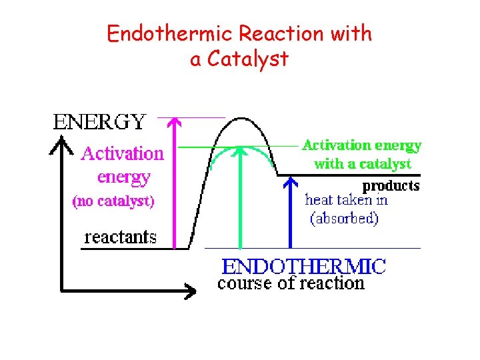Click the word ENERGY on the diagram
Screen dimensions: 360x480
[x=99, y=121]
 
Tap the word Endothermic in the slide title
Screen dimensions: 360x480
[x=155, y=34]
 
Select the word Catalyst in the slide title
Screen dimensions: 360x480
[x=247, y=59]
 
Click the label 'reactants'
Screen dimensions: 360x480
[x=120, y=237]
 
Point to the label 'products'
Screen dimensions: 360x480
[x=391, y=185]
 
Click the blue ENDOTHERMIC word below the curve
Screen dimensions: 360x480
[x=303, y=267]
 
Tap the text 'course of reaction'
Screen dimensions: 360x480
[x=291, y=284]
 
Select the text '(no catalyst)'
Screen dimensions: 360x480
[x=113, y=201]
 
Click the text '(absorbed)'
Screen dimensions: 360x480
[x=344, y=218]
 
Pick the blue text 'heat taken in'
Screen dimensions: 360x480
[x=346, y=199]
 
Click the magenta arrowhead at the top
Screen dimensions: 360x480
[x=173, y=122]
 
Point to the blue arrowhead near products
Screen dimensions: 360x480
[x=290, y=179]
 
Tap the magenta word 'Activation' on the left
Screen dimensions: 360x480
[x=122, y=154]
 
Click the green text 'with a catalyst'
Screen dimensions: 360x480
[x=362, y=163]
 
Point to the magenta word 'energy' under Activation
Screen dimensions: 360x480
[x=123, y=177]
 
